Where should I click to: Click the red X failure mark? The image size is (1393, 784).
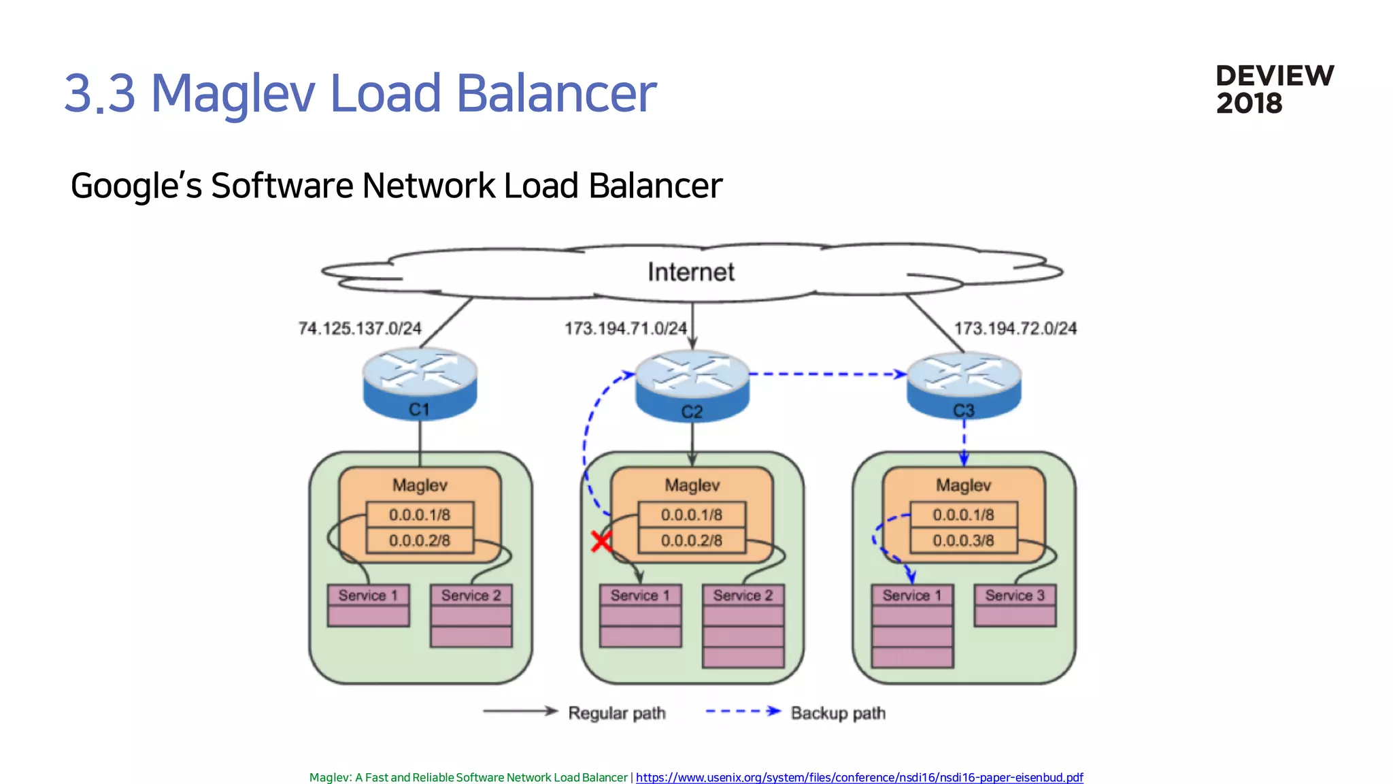pyautogui.click(x=601, y=542)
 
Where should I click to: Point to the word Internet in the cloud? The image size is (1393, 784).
pyautogui.click(x=690, y=272)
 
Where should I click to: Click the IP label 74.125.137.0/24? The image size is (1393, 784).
pyautogui.click(x=360, y=329)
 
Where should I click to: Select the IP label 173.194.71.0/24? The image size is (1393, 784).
pyautogui.click(x=626, y=329)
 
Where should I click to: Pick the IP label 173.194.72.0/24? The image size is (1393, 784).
pyautogui.click(x=1015, y=329)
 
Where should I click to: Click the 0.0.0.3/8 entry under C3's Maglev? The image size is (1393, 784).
pyautogui.click(x=963, y=540)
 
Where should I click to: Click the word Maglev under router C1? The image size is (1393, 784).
pyautogui.click(x=420, y=485)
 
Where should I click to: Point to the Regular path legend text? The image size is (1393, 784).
pyautogui.click(x=616, y=713)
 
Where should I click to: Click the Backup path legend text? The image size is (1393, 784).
pyautogui.click(x=838, y=713)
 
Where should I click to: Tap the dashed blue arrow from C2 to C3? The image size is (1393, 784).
pyautogui.click(x=826, y=374)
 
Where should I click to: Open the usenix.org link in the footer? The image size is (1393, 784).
pyautogui.click(x=859, y=777)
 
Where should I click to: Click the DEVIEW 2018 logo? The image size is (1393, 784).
pyautogui.click(x=1274, y=89)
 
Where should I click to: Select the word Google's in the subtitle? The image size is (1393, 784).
pyautogui.click(x=136, y=186)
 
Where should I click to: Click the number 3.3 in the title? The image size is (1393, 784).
pyautogui.click(x=100, y=93)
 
